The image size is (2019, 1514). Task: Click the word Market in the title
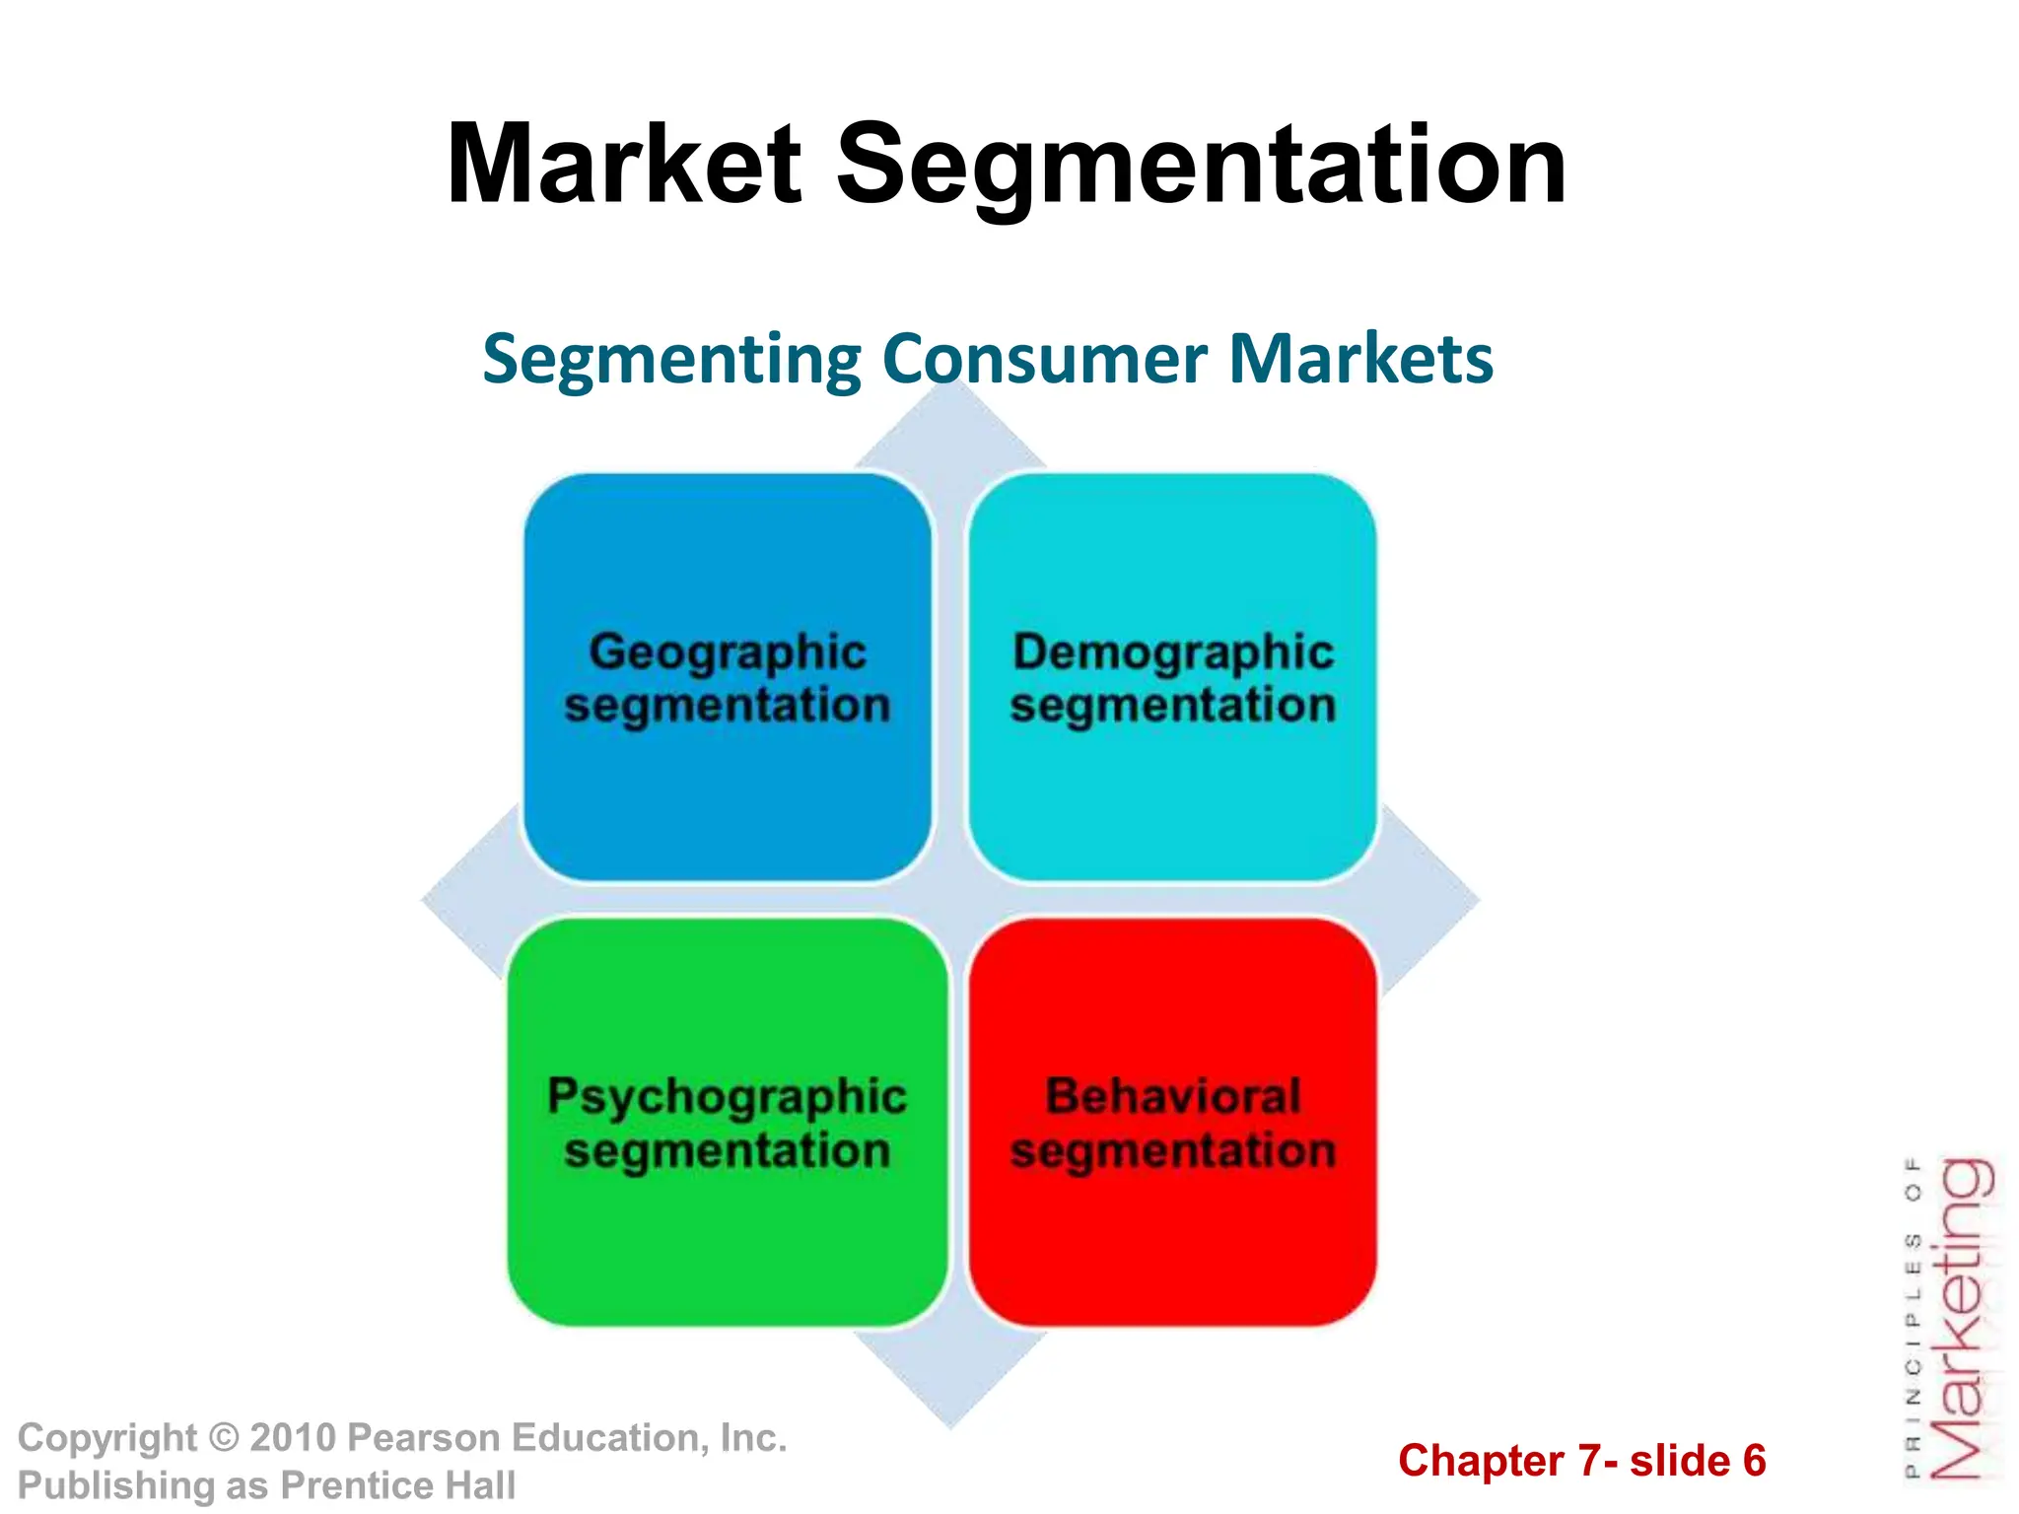pyautogui.click(x=623, y=165)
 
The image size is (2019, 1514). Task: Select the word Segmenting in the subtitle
pyautogui.click(x=671, y=359)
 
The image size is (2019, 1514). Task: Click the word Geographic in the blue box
pyautogui.click(x=728, y=653)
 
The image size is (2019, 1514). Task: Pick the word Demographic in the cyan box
pyautogui.click(x=1173, y=653)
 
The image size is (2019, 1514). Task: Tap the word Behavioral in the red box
pyautogui.click(x=1173, y=1096)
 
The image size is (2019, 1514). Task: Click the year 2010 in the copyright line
pyautogui.click(x=293, y=1438)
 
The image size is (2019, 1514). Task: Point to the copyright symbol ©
pyautogui.click(x=224, y=1438)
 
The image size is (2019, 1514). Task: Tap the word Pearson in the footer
pyautogui.click(x=413, y=1438)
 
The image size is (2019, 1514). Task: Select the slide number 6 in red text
pyautogui.click(x=1754, y=1461)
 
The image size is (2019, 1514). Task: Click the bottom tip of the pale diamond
pyautogui.click(x=950, y=1425)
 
